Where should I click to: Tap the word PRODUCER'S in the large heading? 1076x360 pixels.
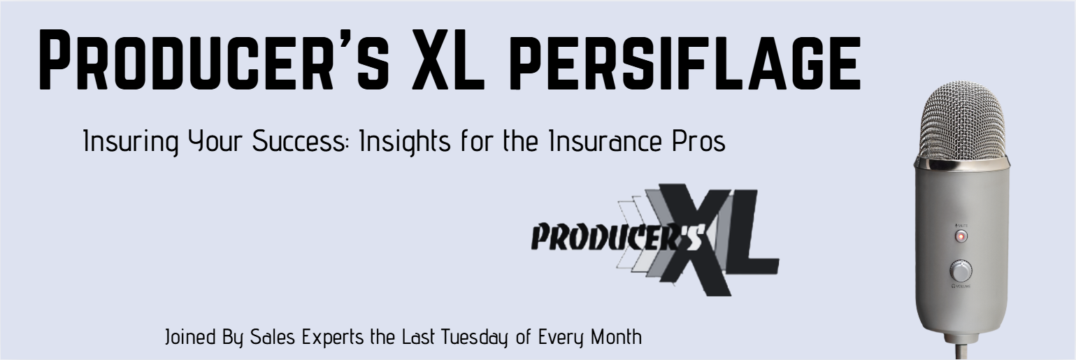coord(214,59)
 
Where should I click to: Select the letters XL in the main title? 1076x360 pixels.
coord(448,59)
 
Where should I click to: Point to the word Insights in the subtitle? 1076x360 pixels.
coord(405,142)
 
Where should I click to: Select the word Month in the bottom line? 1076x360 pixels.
coord(616,337)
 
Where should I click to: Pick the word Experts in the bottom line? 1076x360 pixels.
coord(333,338)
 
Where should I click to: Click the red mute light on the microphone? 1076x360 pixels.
coord(961,237)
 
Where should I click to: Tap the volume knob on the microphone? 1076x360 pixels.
coord(961,271)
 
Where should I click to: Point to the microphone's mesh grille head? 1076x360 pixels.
coord(962,120)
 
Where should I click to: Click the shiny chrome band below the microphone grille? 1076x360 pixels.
coord(961,163)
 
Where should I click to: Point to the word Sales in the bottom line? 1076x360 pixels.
coord(273,337)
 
